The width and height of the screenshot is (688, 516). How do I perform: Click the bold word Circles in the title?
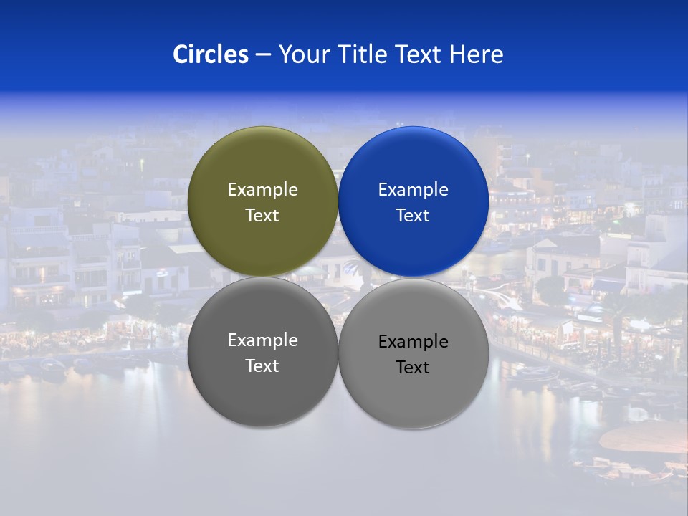click(x=211, y=54)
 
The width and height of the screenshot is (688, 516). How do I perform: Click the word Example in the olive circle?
click(x=262, y=190)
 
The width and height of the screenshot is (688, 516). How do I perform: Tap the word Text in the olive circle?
click(x=262, y=216)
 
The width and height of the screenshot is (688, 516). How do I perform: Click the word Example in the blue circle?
click(x=413, y=190)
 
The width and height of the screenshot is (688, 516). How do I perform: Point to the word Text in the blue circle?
click(x=413, y=216)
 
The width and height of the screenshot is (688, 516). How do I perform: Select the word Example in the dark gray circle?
click(x=262, y=340)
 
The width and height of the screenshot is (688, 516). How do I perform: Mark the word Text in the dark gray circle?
click(x=262, y=366)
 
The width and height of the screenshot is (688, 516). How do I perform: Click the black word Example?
click(x=413, y=342)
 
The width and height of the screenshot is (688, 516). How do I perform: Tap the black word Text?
click(x=413, y=368)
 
